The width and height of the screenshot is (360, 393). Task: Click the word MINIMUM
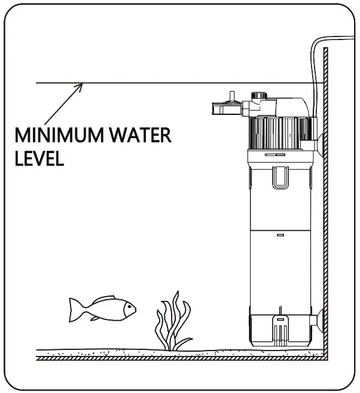(x=51, y=135)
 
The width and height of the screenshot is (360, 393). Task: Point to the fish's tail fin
(x=75, y=310)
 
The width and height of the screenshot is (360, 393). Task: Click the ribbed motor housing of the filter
(x=279, y=133)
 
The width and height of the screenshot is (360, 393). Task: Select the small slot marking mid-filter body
(x=279, y=237)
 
